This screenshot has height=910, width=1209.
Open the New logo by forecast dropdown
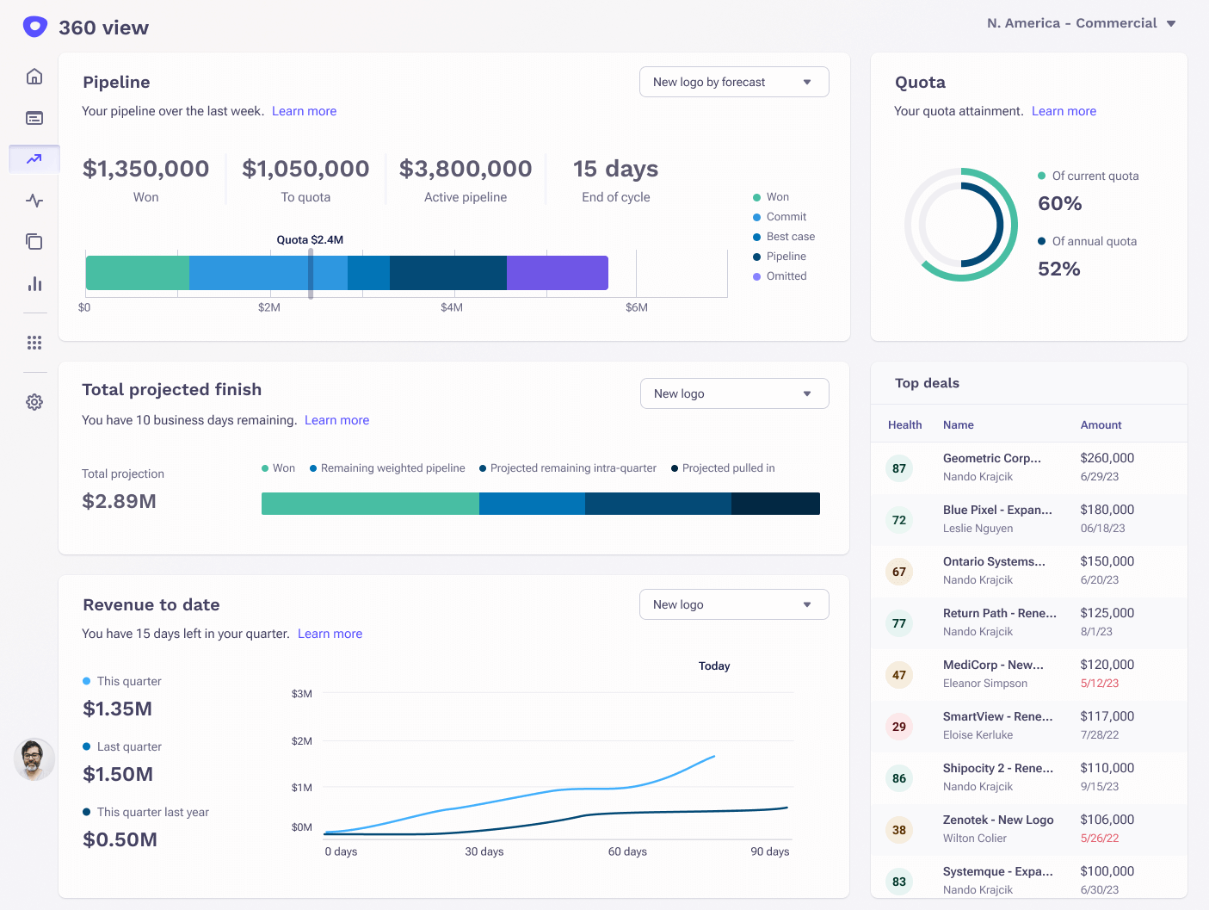[734, 82]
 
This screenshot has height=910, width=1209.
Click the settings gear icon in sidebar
[34, 402]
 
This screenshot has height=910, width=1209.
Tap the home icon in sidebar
[34, 77]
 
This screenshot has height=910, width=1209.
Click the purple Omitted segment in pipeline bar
[557, 273]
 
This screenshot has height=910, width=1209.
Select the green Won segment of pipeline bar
[137, 273]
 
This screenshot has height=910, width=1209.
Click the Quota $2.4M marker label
[310, 240]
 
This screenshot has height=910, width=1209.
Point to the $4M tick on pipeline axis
[452, 307]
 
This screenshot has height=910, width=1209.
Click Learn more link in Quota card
[1064, 111]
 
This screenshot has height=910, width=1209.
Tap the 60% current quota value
[1059, 204]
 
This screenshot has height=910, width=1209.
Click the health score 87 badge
[899, 468]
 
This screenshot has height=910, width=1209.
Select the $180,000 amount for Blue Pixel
[1107, 510]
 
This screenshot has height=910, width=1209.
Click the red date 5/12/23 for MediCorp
[1100, 684]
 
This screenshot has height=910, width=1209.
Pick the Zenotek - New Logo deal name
[998, 820]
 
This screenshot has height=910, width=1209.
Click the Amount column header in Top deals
[1101, 425]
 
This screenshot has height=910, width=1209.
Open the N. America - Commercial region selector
[1081, 23]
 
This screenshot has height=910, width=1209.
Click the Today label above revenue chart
[714, 666]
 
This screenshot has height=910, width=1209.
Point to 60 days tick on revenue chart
[627, 851]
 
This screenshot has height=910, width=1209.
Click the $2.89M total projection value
[119, 501]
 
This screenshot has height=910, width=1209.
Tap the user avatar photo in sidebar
[34, 759]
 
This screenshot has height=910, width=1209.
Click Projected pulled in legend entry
[728, 468]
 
